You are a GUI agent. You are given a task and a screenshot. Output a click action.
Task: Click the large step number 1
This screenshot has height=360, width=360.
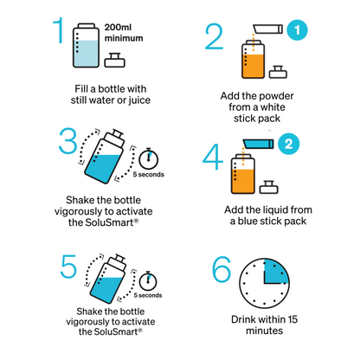point(59,33)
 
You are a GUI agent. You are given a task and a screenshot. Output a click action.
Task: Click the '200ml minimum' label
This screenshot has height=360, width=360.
point(129,32)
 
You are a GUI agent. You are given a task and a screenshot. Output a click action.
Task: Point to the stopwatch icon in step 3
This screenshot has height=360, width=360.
point(151,157)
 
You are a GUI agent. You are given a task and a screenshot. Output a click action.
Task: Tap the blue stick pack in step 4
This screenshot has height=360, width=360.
point(258,141)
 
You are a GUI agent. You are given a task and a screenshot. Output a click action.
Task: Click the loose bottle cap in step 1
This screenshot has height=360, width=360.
point(112,61)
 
